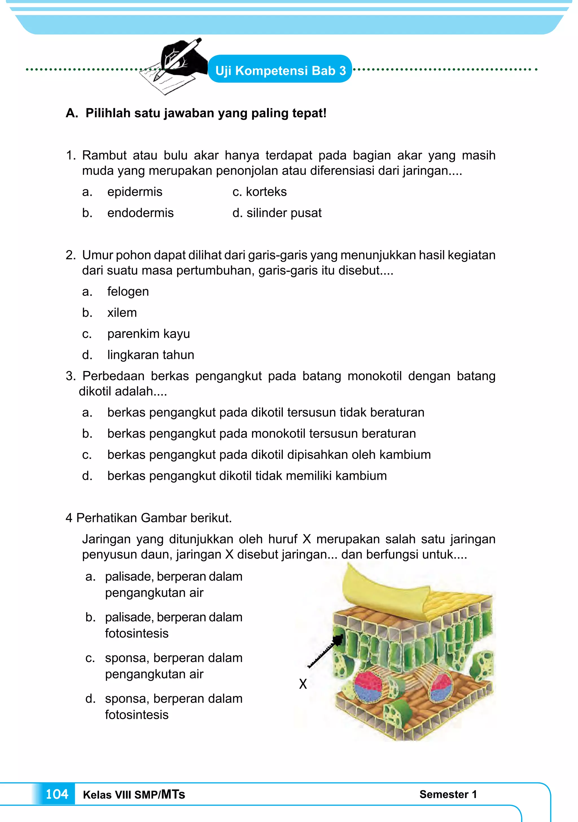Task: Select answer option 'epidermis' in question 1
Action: [x=135, y=192]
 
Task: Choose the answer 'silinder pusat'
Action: [x=284, y=213]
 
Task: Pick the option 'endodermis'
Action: [x=140, y=213]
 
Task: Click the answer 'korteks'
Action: [x=266, y=192]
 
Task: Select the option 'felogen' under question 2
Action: [x=128, y=291]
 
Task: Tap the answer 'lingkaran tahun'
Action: [x=151, y=355]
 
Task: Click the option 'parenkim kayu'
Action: [x=148, y=334]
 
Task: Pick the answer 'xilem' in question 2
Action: [x=122, y=313]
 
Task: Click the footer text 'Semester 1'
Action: [x=448, y=794]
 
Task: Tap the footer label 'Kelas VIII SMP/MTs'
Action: [x=134, y=794]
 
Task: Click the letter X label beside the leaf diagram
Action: [x=303, y=684]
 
